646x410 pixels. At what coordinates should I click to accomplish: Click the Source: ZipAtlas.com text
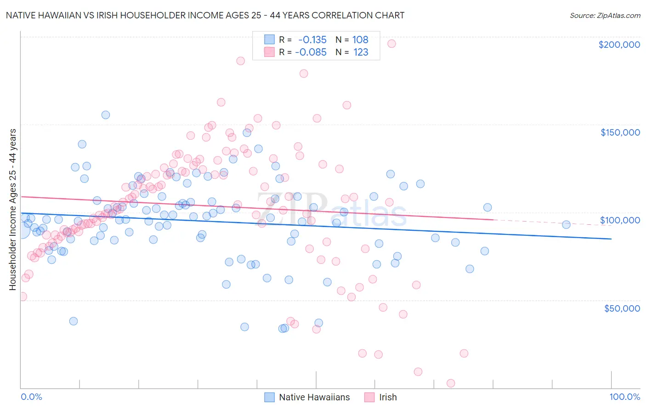[605, 15]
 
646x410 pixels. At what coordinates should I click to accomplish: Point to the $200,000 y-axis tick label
[619, 45]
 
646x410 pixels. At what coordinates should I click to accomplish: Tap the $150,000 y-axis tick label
[620, 132]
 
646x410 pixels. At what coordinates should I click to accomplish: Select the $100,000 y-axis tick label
[620, 220]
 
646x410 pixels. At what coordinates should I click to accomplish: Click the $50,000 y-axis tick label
[622, 308]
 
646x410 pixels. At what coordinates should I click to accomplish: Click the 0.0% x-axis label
[31, 397]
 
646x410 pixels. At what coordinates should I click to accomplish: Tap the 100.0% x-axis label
[624, 397]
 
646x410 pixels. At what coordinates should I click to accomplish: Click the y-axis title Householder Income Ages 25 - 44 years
[12, 210]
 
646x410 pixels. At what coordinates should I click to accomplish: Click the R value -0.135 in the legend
[312, 40]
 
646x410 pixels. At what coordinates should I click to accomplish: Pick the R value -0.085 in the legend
[311, 52]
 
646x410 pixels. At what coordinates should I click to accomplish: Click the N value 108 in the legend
[360, 40]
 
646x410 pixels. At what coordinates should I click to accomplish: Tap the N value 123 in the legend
[361, 52]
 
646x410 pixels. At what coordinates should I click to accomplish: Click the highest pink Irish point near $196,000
[391, 44]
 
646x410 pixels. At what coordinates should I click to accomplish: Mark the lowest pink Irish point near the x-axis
[451, 383]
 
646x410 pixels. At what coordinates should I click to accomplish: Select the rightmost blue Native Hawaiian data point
[566, 224]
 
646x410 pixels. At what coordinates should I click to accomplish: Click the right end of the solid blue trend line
[611, 239]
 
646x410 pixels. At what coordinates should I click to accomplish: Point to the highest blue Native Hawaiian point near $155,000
[106, 115]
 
